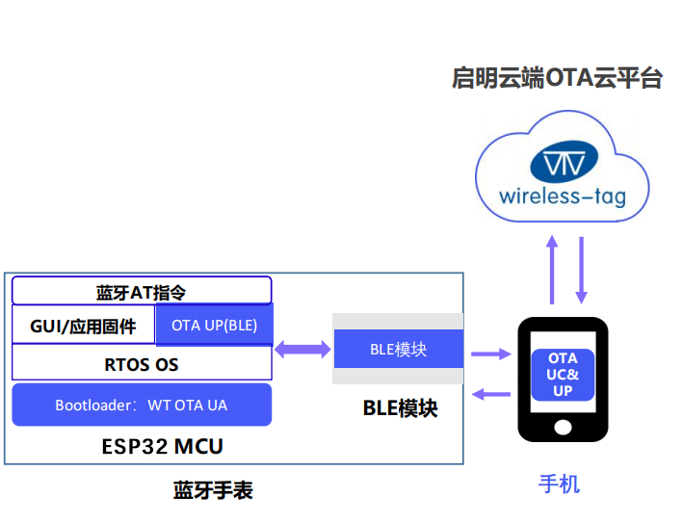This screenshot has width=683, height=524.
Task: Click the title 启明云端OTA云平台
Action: pos(557,78)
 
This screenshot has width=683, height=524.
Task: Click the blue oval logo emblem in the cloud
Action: pos(563,163)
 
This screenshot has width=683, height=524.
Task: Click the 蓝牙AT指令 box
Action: pos(142,291)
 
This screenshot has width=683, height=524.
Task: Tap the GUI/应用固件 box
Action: pos(83,326)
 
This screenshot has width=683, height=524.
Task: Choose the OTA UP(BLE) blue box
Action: pos(214,326)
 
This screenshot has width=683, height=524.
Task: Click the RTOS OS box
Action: pos(142,364)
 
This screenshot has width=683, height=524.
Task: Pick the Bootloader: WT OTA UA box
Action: pos(142,406)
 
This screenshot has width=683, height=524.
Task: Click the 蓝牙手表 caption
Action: pos(213,490)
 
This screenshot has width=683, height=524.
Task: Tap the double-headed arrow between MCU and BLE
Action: pos(302,349)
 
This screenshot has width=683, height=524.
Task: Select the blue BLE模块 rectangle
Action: pos(398,349)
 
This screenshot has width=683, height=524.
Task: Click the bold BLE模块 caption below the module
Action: pos(400,407)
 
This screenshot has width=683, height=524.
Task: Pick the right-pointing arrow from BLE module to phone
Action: pos(490,354)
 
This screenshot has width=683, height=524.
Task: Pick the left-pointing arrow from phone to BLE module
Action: pos(490,392)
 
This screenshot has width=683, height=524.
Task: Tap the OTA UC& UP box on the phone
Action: pos(563,375)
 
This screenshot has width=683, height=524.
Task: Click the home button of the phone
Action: pos(563,426)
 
